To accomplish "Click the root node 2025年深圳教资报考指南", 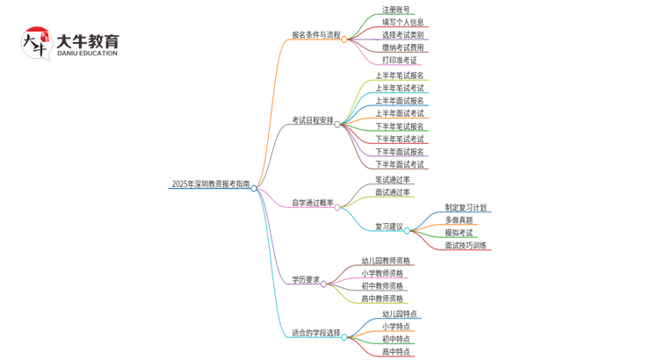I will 211,184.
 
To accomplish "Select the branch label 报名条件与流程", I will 316,35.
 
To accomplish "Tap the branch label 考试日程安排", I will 313,120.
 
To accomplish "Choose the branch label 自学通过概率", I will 313,203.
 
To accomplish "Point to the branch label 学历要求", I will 306,280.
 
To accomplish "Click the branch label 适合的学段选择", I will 315,333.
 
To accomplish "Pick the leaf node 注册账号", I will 395,10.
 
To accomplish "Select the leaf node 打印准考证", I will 400,61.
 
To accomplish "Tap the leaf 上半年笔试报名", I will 399,76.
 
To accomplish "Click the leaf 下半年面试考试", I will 399,164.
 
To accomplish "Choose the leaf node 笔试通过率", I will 392,180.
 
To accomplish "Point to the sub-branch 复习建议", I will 388,227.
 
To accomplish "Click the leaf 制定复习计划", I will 466,208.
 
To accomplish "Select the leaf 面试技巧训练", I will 466,246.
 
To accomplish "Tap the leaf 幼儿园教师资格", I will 386,261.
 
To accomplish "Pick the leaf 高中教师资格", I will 382,299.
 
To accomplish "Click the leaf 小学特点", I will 395,327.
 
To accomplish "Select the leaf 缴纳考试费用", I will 403,47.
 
